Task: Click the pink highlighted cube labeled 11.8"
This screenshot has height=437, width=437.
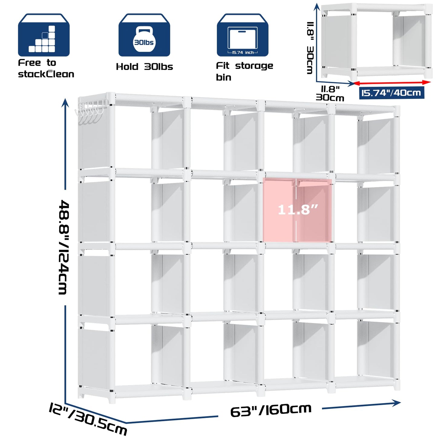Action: [x=297, y=210]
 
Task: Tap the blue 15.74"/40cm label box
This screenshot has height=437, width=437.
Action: [x=391, y=93]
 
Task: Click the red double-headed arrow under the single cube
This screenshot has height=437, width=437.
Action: [x=392, y=83]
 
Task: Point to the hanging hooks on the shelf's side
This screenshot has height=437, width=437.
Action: [x=90, y=110]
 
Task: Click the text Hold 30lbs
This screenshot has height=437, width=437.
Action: [x=145, y=67]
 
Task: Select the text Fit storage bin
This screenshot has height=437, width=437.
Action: [x=244, y=71]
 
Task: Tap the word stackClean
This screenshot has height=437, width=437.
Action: [x=46, y=74]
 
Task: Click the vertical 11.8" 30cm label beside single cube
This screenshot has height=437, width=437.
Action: [x=310, y=48]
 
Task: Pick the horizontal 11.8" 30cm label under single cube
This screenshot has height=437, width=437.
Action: [x=330, y=93]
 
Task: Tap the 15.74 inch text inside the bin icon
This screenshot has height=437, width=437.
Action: [x=243, y=52]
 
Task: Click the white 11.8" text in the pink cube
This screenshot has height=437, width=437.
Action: [x=298, y=210]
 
